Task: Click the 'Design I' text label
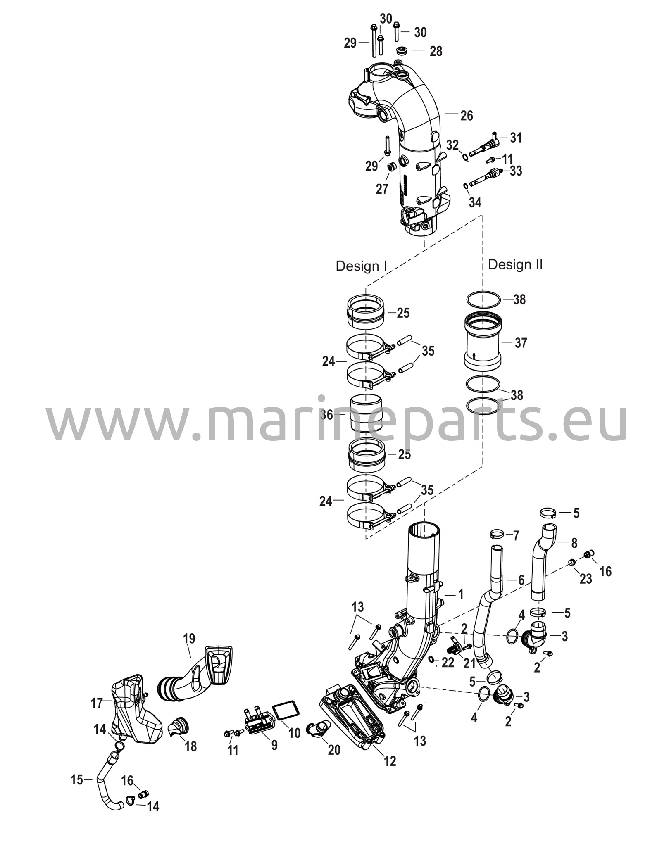[361, 266]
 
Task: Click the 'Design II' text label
[515, 264]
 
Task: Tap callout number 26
[467, 116]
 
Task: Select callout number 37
[521, 342]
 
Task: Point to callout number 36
[326, 415]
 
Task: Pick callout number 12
[390, 760]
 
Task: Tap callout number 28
[436, 51]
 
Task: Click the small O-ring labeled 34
[466, 185]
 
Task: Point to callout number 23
[586, 579]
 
